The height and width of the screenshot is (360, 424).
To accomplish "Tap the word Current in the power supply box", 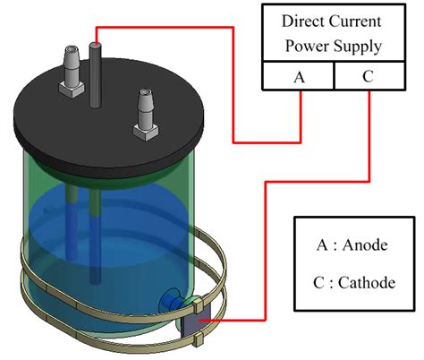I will click(x=357, y=21).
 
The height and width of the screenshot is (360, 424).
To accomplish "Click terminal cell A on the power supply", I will click(x=298, y=77).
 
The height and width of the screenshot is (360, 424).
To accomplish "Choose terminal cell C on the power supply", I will click(x=367, y=77).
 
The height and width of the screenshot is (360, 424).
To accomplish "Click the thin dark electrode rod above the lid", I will click(x=94, y=67).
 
